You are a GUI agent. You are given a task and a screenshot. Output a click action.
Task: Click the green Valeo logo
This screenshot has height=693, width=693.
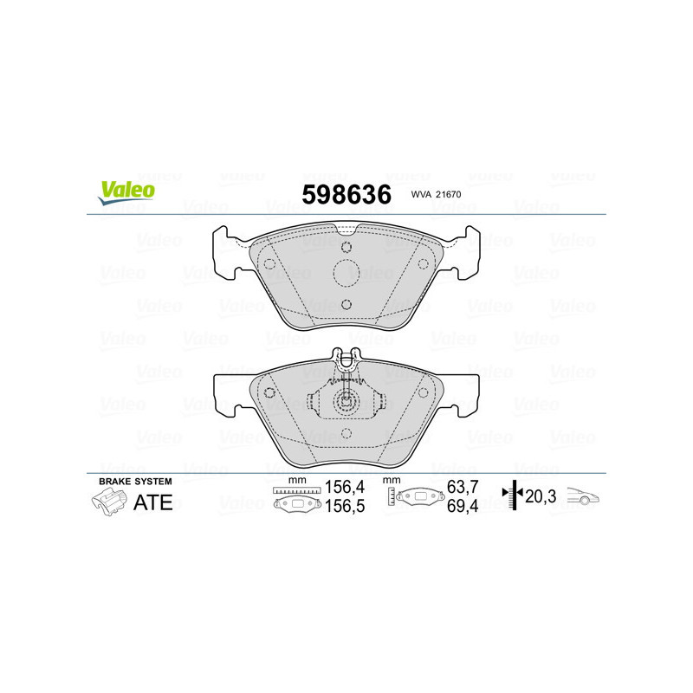click(x=126, y=194)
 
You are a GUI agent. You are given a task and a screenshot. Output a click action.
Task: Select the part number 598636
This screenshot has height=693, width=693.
click(x=346, y=195)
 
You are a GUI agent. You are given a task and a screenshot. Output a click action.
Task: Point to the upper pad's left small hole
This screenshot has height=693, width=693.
click(x=269, y=264)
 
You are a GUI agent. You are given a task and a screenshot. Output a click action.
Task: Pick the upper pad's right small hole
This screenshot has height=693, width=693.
click(x=424, y=264)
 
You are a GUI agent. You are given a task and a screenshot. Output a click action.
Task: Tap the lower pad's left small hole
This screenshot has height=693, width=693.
click(x=269, y=392)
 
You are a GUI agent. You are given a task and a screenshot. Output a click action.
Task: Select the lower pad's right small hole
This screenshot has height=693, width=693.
click(x=424, y=392)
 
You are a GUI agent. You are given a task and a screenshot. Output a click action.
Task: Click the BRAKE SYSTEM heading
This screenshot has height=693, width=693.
click(x=135, y=481)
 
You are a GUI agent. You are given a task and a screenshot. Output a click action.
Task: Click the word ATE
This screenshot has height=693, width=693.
click(x=153, y=502)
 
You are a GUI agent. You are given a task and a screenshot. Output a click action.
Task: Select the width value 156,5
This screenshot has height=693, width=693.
click(x=342, y=508)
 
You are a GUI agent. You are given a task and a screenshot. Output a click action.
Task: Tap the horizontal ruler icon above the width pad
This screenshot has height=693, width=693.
click(x=296, y=490)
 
